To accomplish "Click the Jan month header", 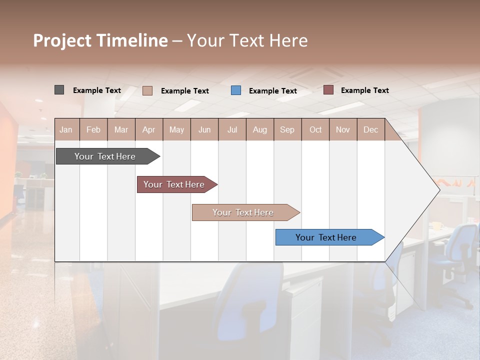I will [x=66, y=129].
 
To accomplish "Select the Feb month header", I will [x=93, y=129].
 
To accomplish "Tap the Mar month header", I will [x=121, y=129].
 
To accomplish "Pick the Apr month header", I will [x=149, y=129].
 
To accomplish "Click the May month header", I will [x=176, y=129].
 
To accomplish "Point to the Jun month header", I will [x=204, y=129].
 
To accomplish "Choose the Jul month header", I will [x=232, y=129].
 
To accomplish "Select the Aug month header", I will [x=260, y=129].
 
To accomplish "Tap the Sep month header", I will [x=287, y=129].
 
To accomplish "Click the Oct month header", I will [x=315, y=129].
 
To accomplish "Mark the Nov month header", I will [x=343, y=129].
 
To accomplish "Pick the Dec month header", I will [x=370, y=129].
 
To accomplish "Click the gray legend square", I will [x=59, y=90].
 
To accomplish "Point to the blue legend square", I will [x=236, y=90].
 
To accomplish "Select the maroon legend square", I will [x=328, y=90].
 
